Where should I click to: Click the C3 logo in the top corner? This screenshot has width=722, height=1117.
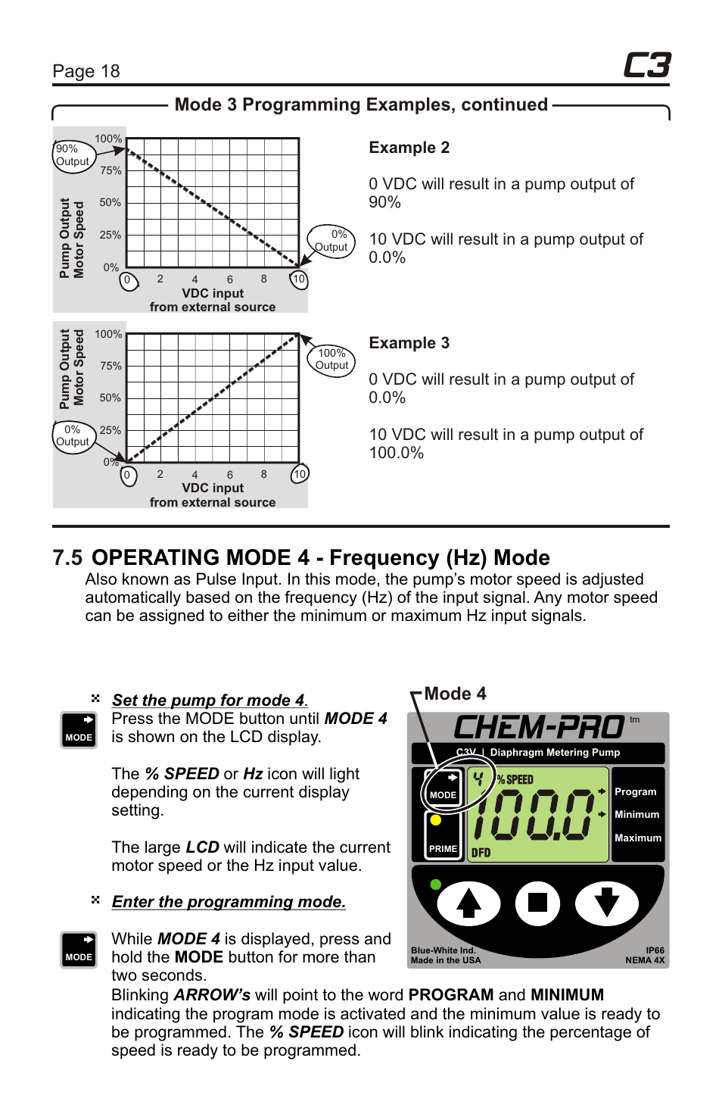point(647,66)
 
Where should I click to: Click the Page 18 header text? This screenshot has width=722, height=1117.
point(86,71)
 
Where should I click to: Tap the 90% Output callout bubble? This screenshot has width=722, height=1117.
point(72,155)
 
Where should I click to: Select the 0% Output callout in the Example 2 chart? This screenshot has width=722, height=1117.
point(331,241)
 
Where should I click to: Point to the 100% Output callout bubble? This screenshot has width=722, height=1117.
point(331,359)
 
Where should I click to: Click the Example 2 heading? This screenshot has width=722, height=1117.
point(409,148)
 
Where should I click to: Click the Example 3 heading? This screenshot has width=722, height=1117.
point(409,343)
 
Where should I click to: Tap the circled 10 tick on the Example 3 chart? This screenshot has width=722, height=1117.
point(300,474)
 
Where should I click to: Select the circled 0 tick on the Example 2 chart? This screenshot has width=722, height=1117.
point(128,280)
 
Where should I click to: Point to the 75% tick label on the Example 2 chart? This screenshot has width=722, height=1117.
point(110,170)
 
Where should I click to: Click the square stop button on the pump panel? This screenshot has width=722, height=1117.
point(537,903)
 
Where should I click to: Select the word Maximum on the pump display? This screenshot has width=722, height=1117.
point(637,838)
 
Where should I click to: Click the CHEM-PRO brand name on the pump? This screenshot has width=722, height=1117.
point(538,728)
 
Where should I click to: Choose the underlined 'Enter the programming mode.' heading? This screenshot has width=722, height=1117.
point(229,902)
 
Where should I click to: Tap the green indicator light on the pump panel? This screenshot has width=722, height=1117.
point(435,884)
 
